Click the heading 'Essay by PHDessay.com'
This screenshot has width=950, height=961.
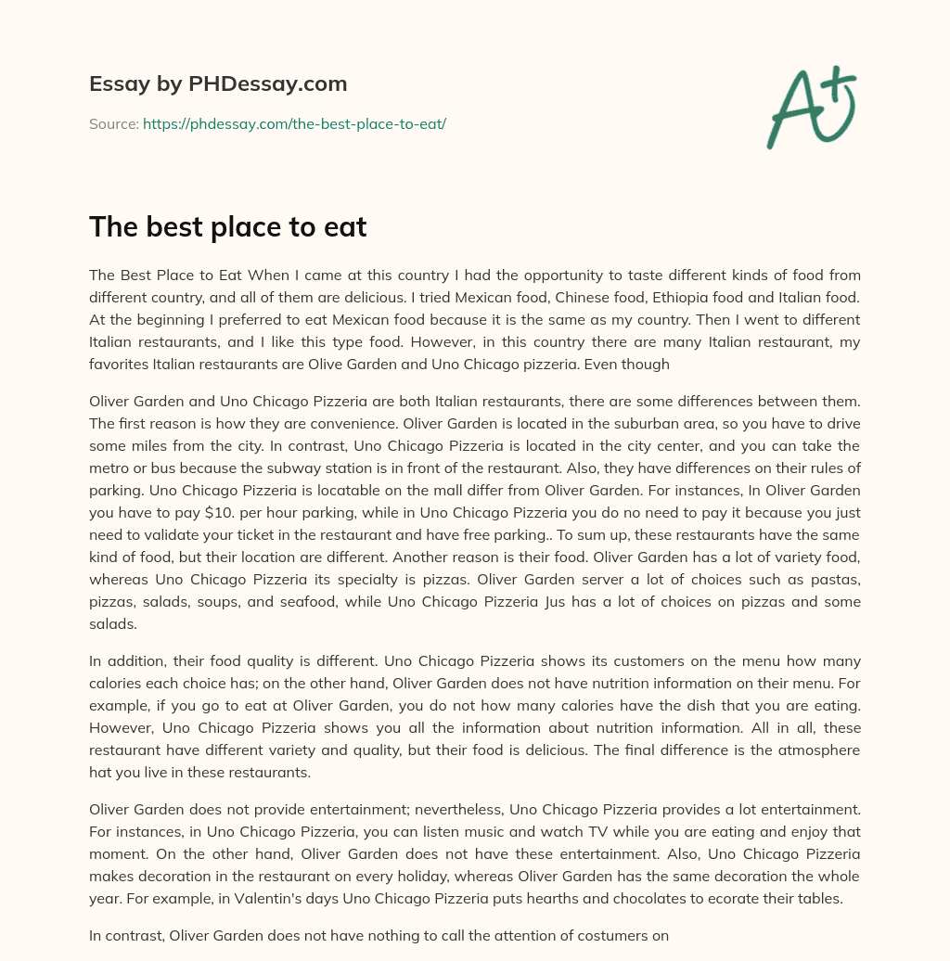(x=218, y=84)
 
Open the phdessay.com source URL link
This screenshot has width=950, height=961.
(x=294, y=123)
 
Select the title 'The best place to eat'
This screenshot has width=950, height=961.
(x=228, y=227)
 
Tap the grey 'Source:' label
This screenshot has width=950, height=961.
(x=114, y=123)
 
